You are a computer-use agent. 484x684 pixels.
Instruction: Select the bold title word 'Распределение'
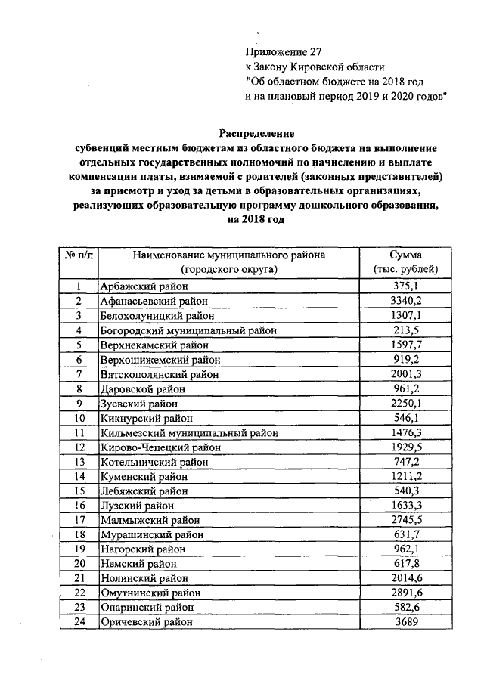tap(256, 133)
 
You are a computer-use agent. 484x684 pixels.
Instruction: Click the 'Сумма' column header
tap(406, 255)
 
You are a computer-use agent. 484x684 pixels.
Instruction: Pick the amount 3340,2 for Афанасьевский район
tap(406, 300)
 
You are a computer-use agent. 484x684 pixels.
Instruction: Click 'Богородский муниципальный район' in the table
tap(188, 330)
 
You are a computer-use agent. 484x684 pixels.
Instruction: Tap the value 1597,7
tap(406, 345)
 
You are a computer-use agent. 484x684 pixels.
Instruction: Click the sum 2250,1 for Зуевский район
tap(406, 403)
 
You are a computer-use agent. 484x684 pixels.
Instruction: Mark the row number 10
tap(78, 418)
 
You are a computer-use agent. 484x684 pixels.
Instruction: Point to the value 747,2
tap(406, 462)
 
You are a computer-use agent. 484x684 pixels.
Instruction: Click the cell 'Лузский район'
tap(137, 506)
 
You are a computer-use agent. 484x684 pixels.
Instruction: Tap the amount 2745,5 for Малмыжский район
tap(406, 520)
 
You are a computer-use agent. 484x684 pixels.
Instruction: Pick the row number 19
tap(78, 549)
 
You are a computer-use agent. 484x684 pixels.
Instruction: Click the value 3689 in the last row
tap(406, 622)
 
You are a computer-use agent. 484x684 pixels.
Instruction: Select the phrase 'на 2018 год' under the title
tap(256, 219)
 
